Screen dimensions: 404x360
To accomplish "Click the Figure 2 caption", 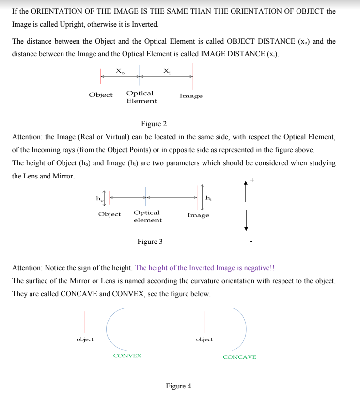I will click(x=150, y=124).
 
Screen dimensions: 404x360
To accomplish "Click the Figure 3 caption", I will click(x=150, y=242).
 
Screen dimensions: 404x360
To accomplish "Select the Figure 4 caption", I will click(x=178, y=386).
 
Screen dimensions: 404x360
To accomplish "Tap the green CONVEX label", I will click(x=127, y=356).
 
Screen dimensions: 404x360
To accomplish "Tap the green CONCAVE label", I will click(x=239, y=357).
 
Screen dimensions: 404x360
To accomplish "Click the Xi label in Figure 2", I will click(x=167, y=71).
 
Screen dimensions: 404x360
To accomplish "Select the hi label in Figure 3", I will click(x=208, y=197).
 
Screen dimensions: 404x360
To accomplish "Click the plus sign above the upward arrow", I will click(x=252, y=180).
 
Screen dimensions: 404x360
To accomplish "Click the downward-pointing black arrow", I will click(x=246, y=220).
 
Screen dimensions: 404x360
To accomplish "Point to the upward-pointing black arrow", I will click(x=246, y=191).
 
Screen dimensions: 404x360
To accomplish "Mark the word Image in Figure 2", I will click(x=191, y=96).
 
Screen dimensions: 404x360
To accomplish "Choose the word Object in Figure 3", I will click(x=109, y=214).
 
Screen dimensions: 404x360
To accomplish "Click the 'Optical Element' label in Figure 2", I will click(x=141, y=97).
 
